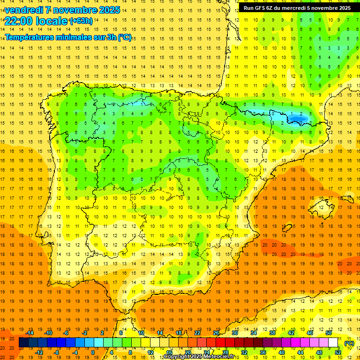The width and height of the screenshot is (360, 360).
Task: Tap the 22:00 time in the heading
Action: [19, 21]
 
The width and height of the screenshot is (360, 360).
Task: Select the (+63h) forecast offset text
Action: [81, 21]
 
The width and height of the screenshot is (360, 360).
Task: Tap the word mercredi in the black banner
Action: [306, 8]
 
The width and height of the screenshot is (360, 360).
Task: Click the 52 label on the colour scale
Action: [338, 352]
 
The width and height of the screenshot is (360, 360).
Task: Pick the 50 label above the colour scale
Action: [329, 332]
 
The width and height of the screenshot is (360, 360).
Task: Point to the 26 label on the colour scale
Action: [216, 332]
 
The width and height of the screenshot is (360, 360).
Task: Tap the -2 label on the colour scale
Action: [84, 332]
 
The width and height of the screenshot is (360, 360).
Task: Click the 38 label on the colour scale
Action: [272, 332]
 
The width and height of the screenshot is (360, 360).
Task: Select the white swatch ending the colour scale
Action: [333, 343]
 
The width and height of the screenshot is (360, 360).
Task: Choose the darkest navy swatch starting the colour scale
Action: [23, 343]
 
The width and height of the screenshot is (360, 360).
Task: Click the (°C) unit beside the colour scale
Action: [349, 343]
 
